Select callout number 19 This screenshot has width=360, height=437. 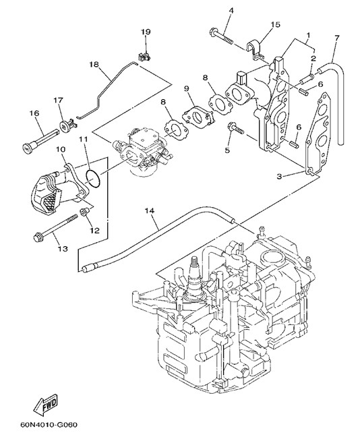[x=145, y=32]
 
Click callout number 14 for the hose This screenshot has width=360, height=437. [x=150, y=211]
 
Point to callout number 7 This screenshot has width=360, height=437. [x=337, y=38]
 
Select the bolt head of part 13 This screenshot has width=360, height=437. [x=37, y=238]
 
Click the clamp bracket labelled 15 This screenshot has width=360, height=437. [x=255, y=50]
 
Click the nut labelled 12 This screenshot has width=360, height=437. [x=84, y=212]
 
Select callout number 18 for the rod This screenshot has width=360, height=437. [x=94, y=64]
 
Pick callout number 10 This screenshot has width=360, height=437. [x=61, y=150]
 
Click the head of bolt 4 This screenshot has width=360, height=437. [x=212, y=32]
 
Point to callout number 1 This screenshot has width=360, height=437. [x=308, y=35]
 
